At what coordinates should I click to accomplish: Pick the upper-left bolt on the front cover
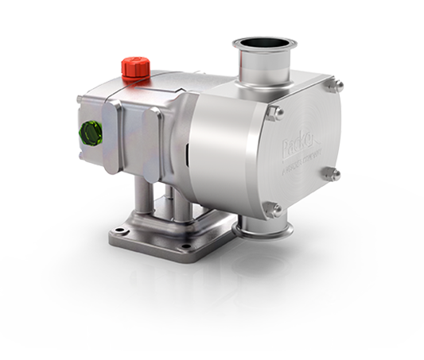(x=276, y=114)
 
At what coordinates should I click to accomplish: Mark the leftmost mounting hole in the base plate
(x=120, y=233)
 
